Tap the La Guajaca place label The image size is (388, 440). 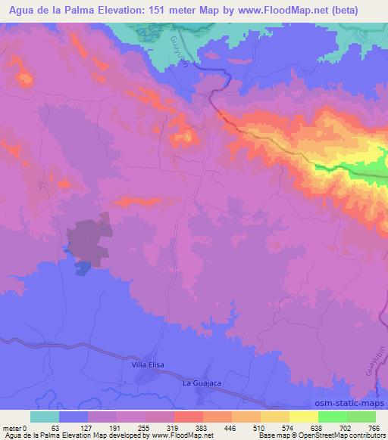click(202, 384)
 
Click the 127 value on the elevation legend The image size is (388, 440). click(88, 428)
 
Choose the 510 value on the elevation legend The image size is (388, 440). click(260, 428)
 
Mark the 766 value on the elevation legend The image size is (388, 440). click(375, 428)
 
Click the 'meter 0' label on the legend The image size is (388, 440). click(15, 428)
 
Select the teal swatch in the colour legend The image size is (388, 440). click(45, 417)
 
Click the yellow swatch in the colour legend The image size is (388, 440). click(303, 417)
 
